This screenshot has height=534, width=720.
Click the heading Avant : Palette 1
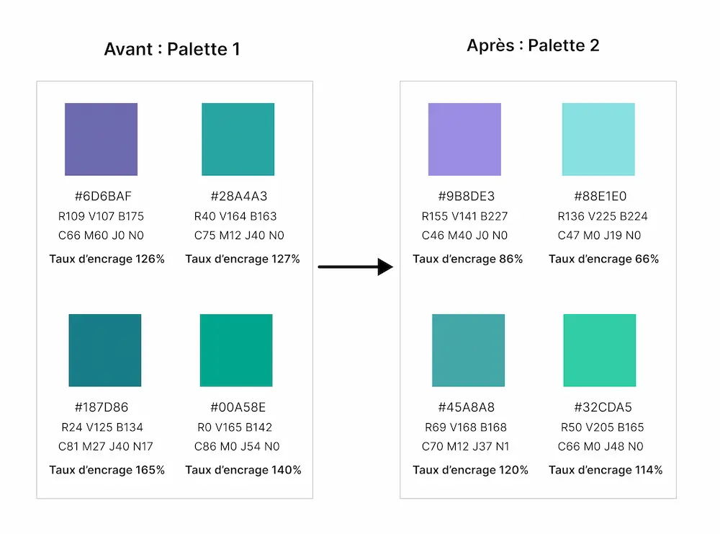(x=171, y=49)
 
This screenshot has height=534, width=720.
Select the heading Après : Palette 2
(x=533, y=45)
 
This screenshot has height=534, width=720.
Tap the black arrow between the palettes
(x=355, y=267)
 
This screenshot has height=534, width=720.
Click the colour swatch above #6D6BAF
(x=101, y=139)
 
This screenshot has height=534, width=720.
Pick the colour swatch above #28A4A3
(x=238, y=139)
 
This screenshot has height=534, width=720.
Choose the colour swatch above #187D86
(x=105, y=350)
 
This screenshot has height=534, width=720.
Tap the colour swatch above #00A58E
(x=236, y=350)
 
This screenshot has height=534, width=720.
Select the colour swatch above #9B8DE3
(x=464, y=139)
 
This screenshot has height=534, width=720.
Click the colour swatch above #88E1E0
(x=598, y=139)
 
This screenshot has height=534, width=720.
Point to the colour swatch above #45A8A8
(x=468, y=350)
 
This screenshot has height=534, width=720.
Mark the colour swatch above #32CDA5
(x=600, y=350)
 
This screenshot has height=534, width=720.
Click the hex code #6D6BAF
(x=103, y=196)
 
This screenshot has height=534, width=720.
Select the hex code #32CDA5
(x=603, y=407)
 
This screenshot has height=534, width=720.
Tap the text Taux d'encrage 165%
(x=107, y=470)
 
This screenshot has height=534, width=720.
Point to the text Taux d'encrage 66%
(x=603, y=259)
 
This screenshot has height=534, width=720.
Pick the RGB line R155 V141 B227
(x=464, y=216)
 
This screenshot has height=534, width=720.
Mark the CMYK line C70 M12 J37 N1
(x=465, y=447)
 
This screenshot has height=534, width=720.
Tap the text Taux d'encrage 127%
(x=243, y=259)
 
